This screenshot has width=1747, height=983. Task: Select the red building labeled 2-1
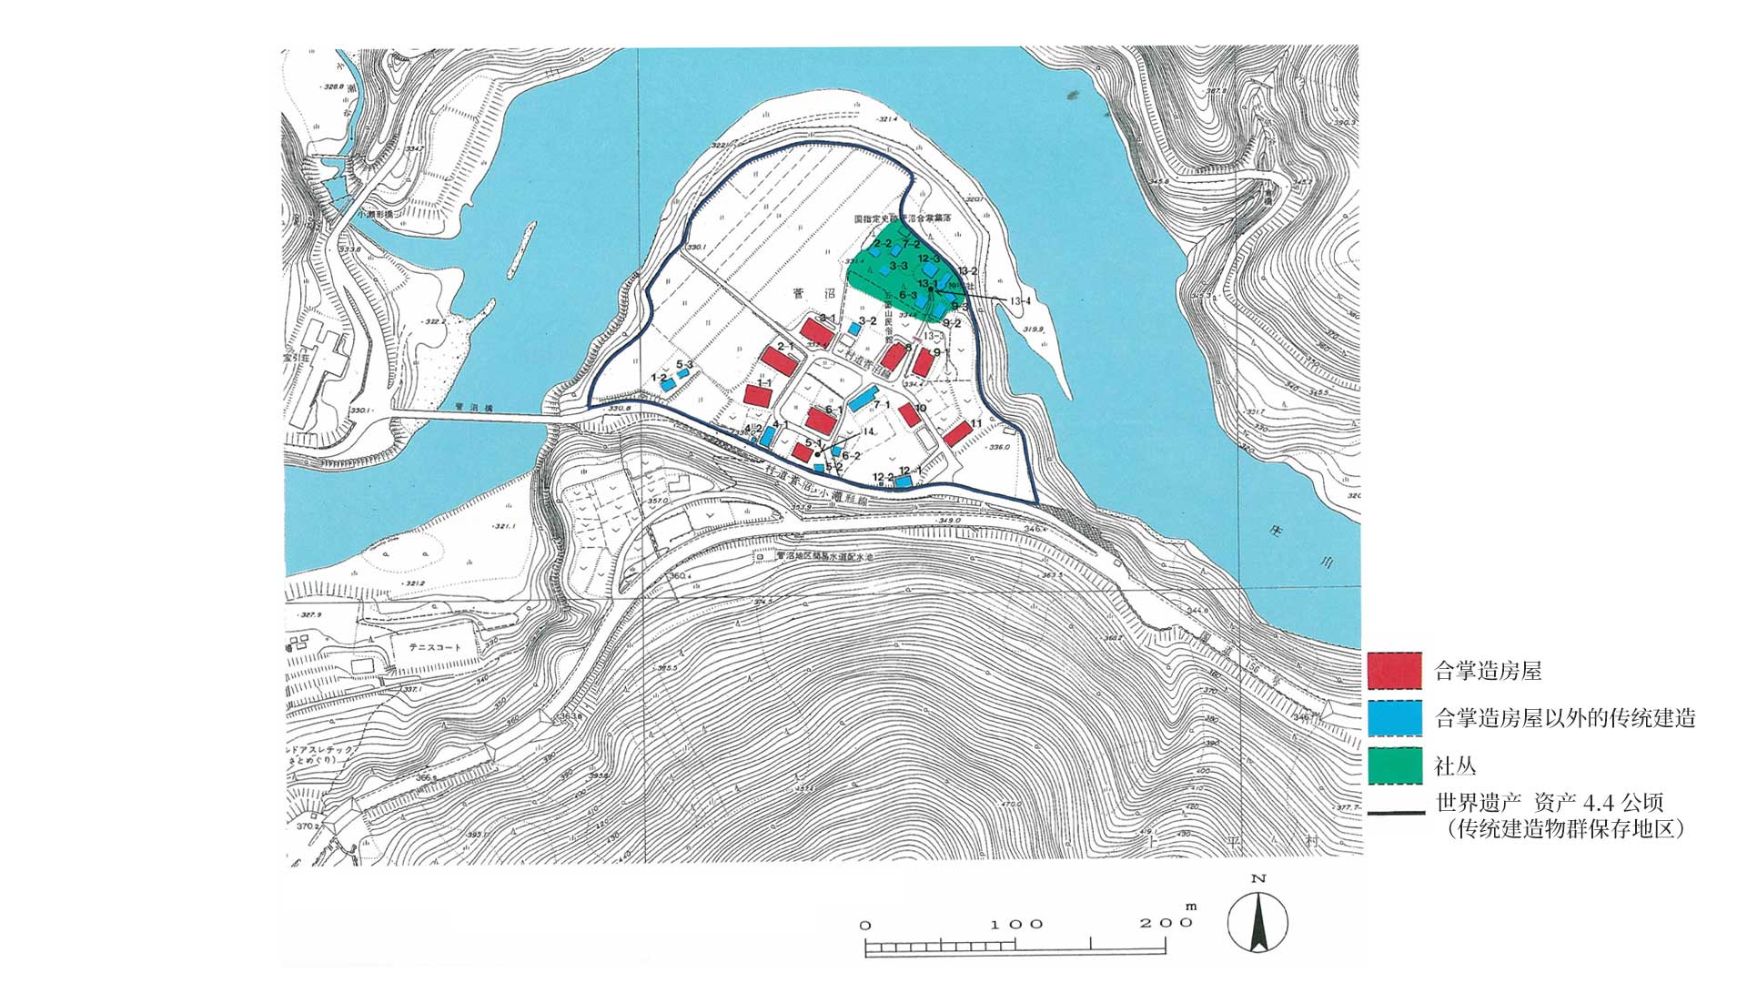(x=780, y=356)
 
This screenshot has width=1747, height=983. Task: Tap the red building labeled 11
(x=956, y=433)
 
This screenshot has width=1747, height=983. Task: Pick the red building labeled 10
(x=909, y=416)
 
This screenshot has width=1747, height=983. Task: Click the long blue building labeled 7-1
(x=864, y=402)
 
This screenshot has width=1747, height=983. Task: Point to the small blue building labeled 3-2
(x=854, y=329)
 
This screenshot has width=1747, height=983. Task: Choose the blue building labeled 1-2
(x=668, y=385)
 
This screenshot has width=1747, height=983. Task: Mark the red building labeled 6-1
(x=823, y=420)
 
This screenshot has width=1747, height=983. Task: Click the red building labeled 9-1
(x=924, y=362)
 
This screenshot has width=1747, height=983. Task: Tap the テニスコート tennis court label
(x=427, y=647)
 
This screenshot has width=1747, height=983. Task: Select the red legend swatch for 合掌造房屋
(x=1394, y=671)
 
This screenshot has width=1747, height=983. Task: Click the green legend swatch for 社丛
(x=1394, y=765)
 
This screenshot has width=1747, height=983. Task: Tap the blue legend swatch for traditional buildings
(x=1394, y=718)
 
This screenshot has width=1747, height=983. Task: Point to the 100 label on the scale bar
(x=1016, y=925)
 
